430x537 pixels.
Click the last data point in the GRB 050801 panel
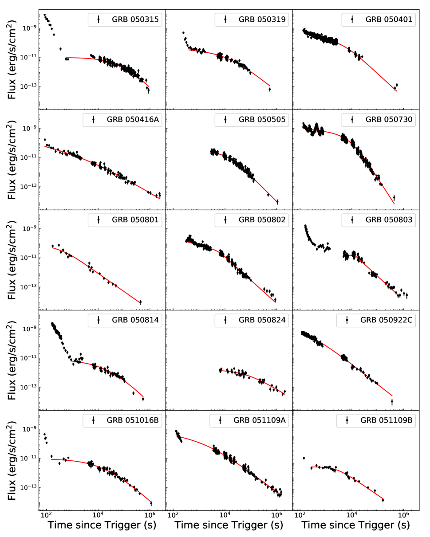click(140, 302)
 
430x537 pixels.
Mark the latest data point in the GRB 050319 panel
click(269, 89)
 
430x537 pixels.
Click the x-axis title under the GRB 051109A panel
click(229, 525)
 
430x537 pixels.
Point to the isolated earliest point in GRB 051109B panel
click(304, 458)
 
